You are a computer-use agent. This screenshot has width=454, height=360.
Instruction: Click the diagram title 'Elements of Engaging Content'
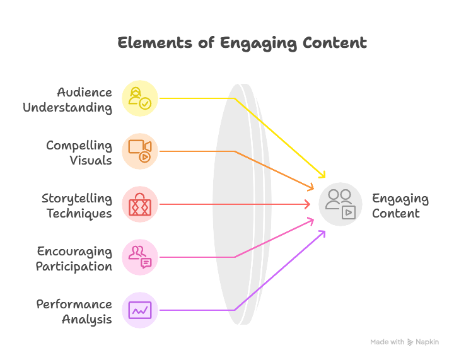pyautogui.click(x=242, y=44)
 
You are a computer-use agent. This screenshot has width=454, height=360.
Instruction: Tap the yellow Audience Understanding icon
pyautogui.click(x=140, y=98)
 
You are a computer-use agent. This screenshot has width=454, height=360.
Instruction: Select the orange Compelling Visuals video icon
pyautogui.click(x=140, y=151)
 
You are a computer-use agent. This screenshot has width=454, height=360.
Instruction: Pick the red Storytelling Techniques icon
pyautogui.click(x=140, y=204)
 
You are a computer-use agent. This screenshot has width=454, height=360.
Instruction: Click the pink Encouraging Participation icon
pyautogui.click(x=140, y=257)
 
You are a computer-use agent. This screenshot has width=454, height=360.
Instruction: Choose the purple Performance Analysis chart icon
pyautogui.click(x=140, y=310)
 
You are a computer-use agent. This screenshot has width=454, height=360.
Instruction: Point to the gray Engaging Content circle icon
pyautogui.click(x=340, y=204)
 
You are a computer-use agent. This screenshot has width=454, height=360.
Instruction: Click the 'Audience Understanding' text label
pyautogui.click(x=68, y=100)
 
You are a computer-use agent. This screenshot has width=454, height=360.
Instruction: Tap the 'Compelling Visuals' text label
pyautogui.click(x=79, y=153)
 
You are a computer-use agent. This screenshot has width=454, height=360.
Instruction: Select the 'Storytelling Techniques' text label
pyautogui.click(x=77, y=206)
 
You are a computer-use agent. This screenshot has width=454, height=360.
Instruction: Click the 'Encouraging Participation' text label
pyautogui.click(x=74, y=258)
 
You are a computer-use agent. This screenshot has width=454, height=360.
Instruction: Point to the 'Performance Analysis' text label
pyautogui.click(x=74, y=311)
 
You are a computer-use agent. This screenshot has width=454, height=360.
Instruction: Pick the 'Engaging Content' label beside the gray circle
pyautogui.click(x=400, y=206)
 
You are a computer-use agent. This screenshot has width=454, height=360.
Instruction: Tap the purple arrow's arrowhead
pyautogui.click(x=323, y=233)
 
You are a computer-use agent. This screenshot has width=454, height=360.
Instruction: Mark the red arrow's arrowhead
pyautogui.click(x=307, y=204)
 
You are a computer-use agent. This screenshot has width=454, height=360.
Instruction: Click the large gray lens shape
pyautogui.click(x=242, y=204)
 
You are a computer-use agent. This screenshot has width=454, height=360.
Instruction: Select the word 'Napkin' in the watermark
pyautogui.click(x=428, y=342)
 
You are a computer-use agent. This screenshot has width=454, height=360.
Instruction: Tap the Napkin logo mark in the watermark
pyautogui.click(x=410, y=342)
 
